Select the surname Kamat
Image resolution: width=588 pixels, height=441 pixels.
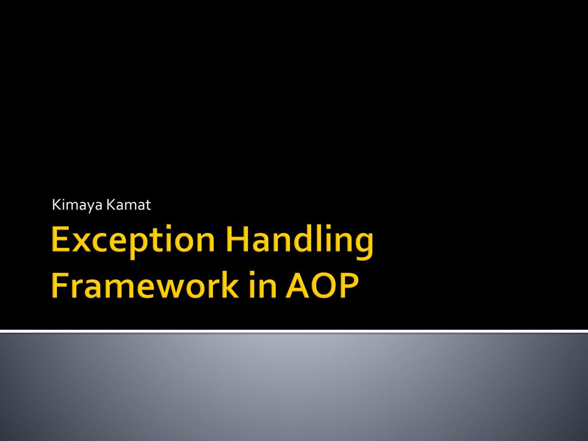click(x=129, y=205)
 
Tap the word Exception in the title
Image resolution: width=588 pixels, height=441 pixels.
click(x=133, y=240)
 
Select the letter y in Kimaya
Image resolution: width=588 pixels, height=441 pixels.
click(x=89, y=207)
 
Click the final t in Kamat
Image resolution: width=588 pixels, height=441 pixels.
click(x=148, y=206)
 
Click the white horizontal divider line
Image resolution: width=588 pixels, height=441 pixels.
click(x=294, y=331)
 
